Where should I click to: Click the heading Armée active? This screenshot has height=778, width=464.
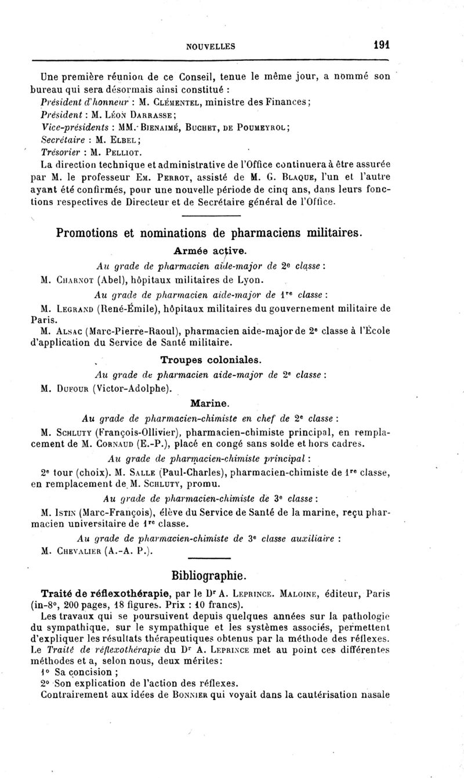210,251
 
